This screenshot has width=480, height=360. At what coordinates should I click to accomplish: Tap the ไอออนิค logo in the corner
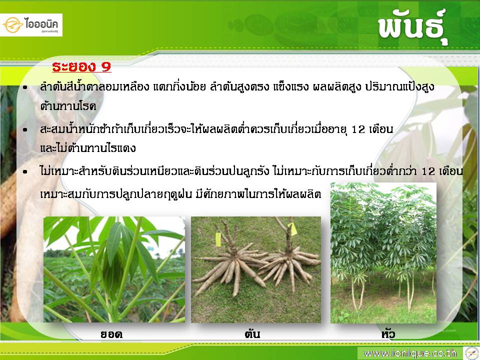[x=31, y=25]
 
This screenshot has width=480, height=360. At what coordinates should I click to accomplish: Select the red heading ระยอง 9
[x=81, y=66]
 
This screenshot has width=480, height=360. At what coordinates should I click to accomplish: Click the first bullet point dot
[x=25, y=88]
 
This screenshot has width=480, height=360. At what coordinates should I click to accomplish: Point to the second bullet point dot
[x=25, y=130]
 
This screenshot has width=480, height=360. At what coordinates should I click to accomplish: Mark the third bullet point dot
[x=25, y=171]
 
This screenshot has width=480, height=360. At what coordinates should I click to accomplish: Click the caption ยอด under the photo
[x=111, y=334]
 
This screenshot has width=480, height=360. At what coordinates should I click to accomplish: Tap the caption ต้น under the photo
[x=252, y=333]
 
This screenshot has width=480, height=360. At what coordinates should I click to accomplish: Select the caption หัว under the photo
[x=388, y=333]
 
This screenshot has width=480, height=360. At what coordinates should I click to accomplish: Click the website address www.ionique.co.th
[x=410, y=353]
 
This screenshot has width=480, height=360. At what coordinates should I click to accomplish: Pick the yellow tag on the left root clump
[x=218, y=239]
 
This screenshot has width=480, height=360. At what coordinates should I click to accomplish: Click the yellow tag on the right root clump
[x=293, y=228]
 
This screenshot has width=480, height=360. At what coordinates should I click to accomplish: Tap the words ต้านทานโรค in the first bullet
[x=68, y=106]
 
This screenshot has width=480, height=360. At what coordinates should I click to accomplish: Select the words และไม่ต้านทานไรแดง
[x=88, y=148]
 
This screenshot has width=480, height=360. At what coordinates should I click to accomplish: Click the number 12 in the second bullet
[x=358, y=129]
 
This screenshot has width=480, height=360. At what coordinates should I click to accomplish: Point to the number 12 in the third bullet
[x=428, y=171]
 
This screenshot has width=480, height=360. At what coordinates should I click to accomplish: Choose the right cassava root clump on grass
[x=289, y=260]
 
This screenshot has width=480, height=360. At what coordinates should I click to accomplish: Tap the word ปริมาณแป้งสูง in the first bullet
[x=399, y=87]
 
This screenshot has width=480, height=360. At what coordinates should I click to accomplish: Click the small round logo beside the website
[x=471, y=353]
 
